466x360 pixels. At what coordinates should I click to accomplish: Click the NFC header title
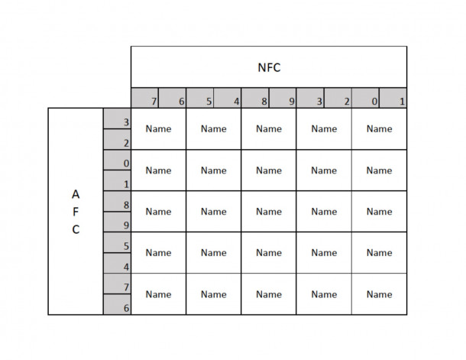point(269,67)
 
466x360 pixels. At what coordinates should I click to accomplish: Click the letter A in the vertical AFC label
point(76,194)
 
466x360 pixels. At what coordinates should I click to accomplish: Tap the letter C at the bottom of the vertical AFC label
point(76,229)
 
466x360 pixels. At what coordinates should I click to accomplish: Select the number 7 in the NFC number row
point(154,102)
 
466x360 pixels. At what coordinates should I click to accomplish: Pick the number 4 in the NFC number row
point(236,102)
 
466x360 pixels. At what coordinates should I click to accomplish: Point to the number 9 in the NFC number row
point(292,102)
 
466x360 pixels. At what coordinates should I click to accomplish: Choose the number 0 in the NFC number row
point(374,102)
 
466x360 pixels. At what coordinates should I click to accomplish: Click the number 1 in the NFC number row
point(402,102)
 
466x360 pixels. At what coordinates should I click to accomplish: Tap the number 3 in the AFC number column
point(126,122)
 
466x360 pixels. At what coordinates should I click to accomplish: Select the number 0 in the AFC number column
point(126,164)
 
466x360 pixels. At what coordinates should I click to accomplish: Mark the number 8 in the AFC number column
point(126,205)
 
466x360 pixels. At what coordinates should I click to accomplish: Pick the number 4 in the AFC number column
point(126,267)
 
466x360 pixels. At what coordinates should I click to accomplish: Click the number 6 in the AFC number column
point(126,308)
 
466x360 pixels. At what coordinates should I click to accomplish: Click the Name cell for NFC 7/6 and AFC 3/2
point(158,128)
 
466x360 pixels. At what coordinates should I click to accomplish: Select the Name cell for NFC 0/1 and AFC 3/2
point(379,128)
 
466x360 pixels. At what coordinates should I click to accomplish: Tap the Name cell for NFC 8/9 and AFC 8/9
point(269,212)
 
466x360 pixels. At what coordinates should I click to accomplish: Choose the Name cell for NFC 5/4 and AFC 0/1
point(214,170)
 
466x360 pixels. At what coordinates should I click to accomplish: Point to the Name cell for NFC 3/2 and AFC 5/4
point(324,253)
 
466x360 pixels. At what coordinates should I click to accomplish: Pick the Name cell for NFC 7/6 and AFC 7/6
point(158,294)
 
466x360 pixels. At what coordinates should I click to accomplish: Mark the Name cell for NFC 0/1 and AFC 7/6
point(379,294)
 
